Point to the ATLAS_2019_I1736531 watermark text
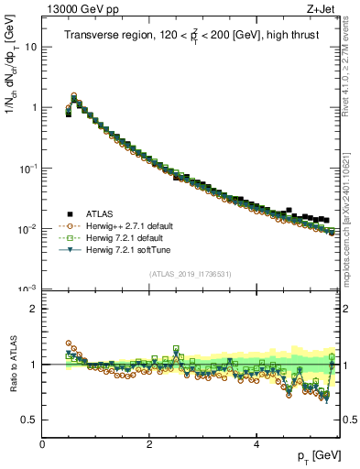click(x=190, y=274)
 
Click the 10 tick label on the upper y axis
click(x=30, y=46)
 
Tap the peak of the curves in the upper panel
click(x=73, y=94)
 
